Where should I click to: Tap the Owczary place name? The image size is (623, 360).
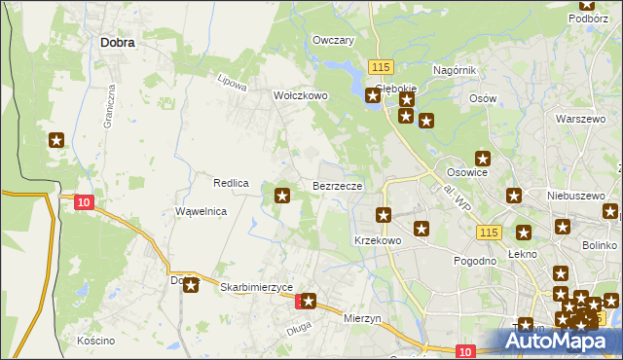coord(332,41)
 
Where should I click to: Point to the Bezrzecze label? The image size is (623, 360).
coord(338,185)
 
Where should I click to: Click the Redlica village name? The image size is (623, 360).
coord(232,183)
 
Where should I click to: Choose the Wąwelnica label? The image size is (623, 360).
coord(201,211)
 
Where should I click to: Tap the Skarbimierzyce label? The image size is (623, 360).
coord(257,288)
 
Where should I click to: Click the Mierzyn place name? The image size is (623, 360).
coord(364,317)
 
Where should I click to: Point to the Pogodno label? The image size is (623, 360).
coord(475,262)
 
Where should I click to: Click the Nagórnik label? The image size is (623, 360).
coord(455,70)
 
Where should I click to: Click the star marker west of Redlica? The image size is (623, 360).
coord(56,141)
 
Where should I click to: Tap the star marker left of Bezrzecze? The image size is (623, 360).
coord(283,197)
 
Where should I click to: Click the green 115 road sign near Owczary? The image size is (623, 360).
coord(381,65)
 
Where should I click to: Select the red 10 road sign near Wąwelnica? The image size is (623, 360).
coord(85,201)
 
